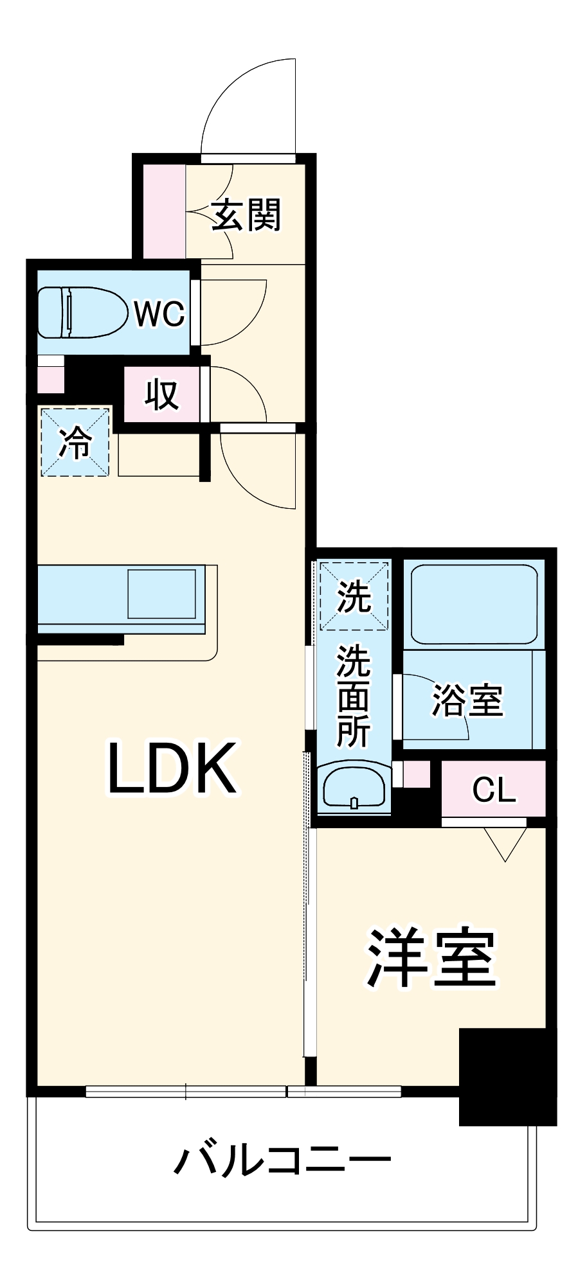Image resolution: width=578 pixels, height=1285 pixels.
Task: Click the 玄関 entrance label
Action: tap(246, 215)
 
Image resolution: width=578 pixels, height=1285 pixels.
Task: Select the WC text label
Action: tap(159, 314)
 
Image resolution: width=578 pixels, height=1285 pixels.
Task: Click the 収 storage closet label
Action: tap(161, 394)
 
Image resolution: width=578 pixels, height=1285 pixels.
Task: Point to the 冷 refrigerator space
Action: tap(75, 443)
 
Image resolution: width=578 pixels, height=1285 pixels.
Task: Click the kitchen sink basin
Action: tap(162, 593)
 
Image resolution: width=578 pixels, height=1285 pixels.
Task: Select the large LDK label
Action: tap(171, 768)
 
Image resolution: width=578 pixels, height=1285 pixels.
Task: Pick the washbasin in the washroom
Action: tap(354, 788)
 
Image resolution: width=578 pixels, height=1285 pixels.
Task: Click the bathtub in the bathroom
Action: tap(473, 603)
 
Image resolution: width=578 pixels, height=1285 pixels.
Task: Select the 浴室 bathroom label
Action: tap(467, 700)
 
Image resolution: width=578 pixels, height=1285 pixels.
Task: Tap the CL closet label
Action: tap(494, 790)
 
